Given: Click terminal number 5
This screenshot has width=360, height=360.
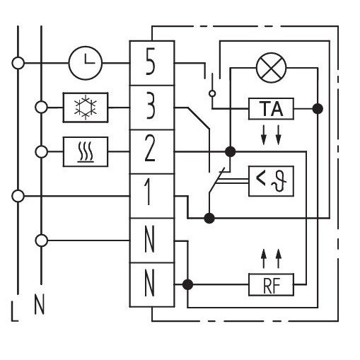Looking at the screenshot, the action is point(151,62).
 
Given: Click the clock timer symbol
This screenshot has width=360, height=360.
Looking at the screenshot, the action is point(86,63).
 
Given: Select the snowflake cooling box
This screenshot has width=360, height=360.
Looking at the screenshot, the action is point(86,108).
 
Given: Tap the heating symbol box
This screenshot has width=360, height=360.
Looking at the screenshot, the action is point(86,151).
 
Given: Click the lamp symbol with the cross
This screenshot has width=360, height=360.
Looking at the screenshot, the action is point(271,68).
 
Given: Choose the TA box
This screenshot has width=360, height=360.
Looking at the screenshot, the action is point(271,109).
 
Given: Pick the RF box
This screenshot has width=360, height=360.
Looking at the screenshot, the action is point(271,284).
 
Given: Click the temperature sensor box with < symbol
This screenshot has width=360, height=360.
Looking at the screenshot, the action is point(271,181).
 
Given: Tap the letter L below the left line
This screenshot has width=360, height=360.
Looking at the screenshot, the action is point(15,312).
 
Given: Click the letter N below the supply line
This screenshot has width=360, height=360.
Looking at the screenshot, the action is point(39,305).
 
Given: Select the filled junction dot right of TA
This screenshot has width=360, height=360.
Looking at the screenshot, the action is point(318,109).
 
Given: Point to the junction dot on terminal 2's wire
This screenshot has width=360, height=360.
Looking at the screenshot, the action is point(230,151).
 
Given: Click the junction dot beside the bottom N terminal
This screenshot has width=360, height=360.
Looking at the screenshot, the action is point(187,284).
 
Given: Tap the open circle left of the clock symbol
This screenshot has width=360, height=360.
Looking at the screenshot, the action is point(18,63).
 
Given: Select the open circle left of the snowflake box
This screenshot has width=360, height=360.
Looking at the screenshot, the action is point(41,108).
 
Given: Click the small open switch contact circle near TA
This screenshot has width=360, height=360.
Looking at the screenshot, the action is point(212,93).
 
